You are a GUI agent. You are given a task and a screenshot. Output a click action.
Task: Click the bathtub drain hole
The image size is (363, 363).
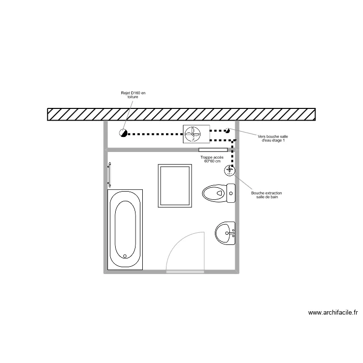coord(125,256)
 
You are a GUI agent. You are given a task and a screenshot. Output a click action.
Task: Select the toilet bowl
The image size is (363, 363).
coord(214,193)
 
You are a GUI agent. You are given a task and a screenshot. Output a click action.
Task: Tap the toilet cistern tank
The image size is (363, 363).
coord(231,193)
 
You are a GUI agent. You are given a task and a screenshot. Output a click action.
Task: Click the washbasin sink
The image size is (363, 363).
coord(225,233)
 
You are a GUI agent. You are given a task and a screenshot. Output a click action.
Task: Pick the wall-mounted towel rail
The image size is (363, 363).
coord(109,175)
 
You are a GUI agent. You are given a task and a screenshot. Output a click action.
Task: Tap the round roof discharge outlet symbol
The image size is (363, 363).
coord(123,133)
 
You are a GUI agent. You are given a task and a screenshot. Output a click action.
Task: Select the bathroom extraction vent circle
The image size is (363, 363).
coord(229,171)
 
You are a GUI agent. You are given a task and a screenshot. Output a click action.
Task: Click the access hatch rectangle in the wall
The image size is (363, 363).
coord(213,150)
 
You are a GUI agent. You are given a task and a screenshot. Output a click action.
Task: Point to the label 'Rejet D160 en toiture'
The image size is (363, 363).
coord(133,95)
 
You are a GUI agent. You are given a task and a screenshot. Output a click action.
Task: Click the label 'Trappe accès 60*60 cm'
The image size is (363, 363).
coord(212,159)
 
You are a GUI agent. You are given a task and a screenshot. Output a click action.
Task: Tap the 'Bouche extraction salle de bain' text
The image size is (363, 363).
coord(267,195)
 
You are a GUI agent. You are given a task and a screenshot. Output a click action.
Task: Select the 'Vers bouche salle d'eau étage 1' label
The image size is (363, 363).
coord(272,138)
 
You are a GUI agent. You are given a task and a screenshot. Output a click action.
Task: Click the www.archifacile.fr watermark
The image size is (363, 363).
coord(333,313)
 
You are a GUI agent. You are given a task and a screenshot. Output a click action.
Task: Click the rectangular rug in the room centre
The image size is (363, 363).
coord(175,186)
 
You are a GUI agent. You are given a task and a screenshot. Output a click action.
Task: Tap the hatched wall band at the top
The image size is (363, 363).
coord(181,114)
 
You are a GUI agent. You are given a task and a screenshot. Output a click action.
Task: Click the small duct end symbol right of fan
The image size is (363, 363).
coord(227,131)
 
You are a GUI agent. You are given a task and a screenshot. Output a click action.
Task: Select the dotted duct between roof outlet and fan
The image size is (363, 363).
coord(155,134)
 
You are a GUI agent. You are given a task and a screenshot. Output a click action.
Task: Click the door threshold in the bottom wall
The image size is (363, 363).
coord(185,272)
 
